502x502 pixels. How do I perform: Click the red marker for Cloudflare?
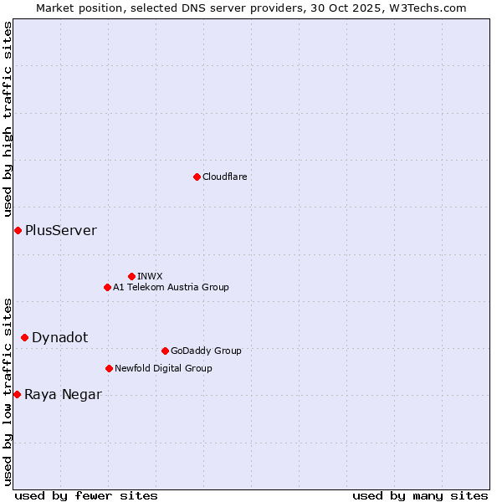[x=197, y=177]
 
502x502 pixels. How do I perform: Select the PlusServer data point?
[x=18, y=230]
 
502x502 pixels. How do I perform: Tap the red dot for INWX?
[x=131, y=276]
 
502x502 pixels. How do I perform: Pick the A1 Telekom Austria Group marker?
[x=107, y=287]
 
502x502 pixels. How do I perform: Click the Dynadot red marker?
[x=24, y=337]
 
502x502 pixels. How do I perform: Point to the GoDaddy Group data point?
[x=165, y=351]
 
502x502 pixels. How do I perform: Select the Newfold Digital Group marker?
[x=109, y=368]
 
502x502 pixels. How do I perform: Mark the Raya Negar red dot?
[x=17, y=394]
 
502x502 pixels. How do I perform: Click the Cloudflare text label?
[x=224, y=177]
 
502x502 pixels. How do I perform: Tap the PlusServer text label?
[x=60, y=230]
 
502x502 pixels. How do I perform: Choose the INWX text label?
[x=150, y=276]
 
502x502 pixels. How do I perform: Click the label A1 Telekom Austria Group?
[x=171, y=287]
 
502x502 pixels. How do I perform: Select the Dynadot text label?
[x=59, y=337]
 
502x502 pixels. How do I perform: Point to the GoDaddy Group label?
[x=206, y=351]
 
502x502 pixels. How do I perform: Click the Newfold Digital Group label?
[x=163, y=368]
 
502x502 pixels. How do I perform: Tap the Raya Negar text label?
[x=63, y=395]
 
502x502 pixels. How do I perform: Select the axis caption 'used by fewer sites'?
[x=86, y=495]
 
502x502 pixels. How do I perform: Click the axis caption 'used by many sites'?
[x=420, y=495]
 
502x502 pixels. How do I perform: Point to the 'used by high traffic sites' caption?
[x=8, y=120]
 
